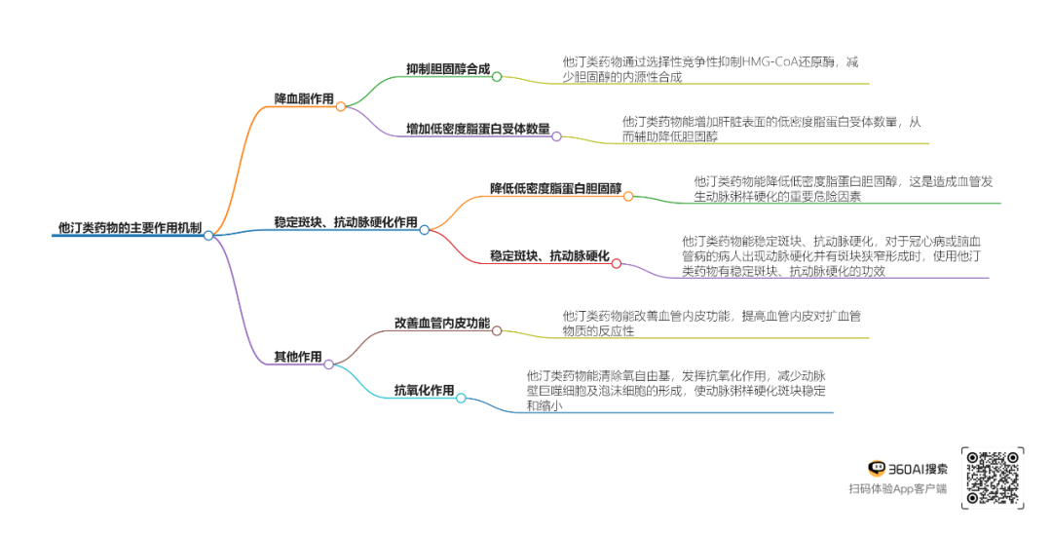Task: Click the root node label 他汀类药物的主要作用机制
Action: tap(130, 228)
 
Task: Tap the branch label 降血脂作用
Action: tap(304, 99)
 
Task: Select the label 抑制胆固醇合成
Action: tap(448, 69)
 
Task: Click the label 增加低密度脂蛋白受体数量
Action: tap(477, 129)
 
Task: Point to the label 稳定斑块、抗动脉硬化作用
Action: tap(346, 222)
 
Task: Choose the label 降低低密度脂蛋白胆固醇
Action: tap(555, 188)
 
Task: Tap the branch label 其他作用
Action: tap(298, 357)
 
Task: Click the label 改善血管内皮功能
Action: tap(442, 323)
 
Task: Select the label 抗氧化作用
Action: tap(424, 391)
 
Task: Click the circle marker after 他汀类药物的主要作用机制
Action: tap(208, 235)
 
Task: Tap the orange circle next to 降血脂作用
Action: tap(341, 106)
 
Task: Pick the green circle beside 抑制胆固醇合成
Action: tap(497, 76)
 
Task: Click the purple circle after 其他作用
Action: tap(329, 364)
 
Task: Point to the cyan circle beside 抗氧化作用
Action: tap(461, 398)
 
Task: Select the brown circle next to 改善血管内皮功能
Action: tap(497, 330)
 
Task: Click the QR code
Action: tap(993, 478)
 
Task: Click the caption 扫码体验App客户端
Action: tap(897, 489)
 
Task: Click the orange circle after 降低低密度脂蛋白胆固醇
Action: tap(628, 196)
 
